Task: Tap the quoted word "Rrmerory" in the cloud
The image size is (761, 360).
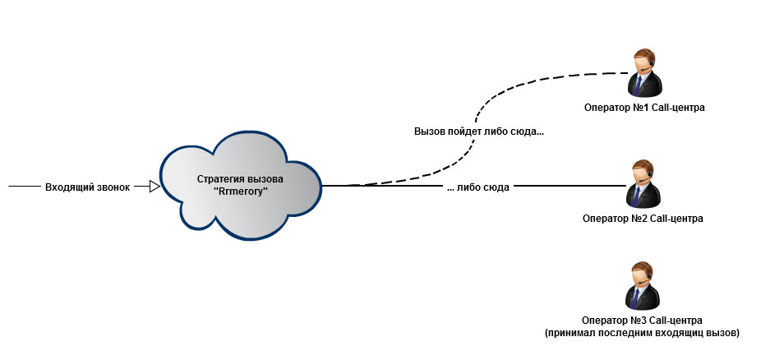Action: click(x=241, y=192)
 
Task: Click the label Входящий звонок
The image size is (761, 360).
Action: click(x=88, y=187)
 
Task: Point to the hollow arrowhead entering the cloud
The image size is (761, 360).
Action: click(x=155, y=187)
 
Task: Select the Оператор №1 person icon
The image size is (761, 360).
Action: click(x=643, y=73)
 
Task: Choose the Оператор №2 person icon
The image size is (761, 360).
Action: click(x=643, y=183)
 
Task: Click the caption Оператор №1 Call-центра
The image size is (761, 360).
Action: click(x=644, y=107)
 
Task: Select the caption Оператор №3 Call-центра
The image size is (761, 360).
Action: click(x=643, y=320)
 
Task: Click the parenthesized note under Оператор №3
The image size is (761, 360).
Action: click(x=643, y=333)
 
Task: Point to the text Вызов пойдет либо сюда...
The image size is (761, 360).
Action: click(x=479, y=132)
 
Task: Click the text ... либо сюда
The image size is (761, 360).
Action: click(x=478, y=187)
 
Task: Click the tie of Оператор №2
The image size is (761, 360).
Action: click(x=638, y=196)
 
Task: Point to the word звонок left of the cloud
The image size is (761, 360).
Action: click(x=112, y=187)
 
